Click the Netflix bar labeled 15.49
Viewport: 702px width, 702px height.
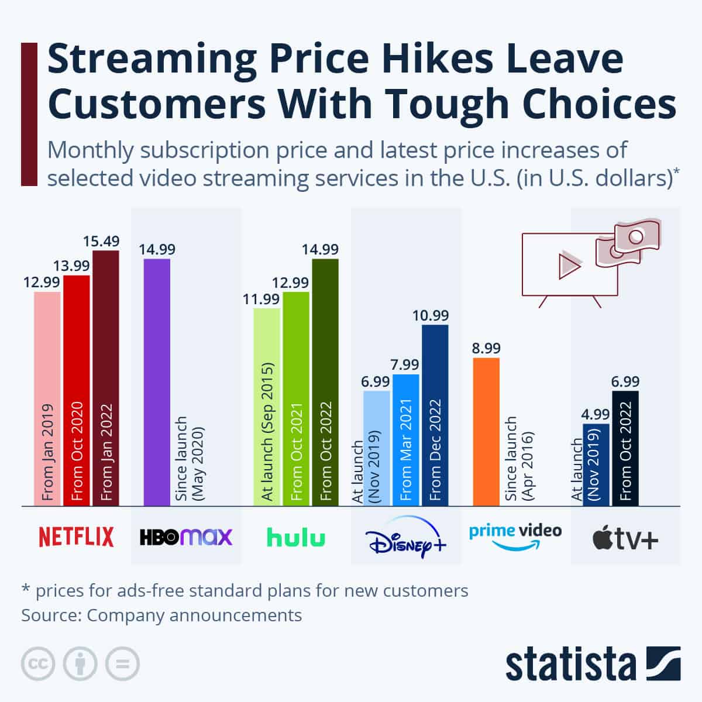[106, 378]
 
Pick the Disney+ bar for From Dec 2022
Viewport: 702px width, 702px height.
[435, 415]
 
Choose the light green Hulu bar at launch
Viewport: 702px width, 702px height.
[267, 407]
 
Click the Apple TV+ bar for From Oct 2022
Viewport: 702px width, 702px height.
[625, 448]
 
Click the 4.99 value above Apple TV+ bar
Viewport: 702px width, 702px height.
[596, 415]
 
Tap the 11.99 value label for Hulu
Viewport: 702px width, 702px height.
[261, 300]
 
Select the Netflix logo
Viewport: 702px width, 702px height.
[76, 536]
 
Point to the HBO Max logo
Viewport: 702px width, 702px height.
[186, 536]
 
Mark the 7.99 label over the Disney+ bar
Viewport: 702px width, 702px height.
[405, 365]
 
